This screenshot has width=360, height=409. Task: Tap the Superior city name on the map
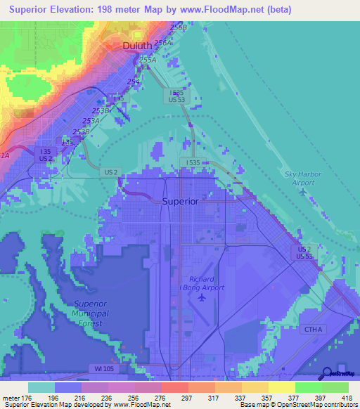coord(181,200)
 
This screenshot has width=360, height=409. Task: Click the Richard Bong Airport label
coord(207,282)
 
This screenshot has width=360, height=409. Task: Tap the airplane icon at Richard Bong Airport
coord(202,297)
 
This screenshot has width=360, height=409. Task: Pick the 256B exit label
coord(178,27)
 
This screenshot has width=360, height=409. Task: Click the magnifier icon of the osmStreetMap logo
coord(327,374)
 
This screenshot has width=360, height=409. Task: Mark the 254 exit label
coord(133,82)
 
